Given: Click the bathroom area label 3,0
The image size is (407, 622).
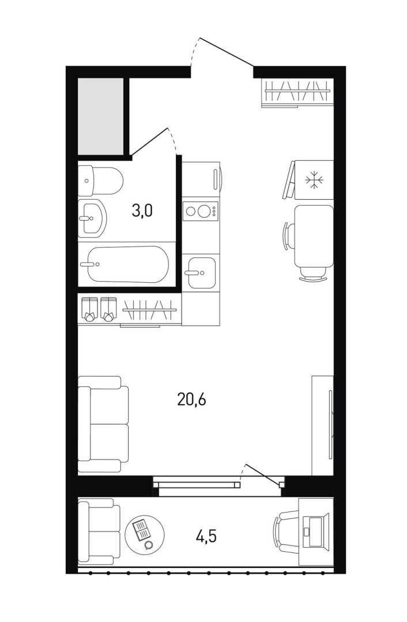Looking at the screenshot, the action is [x=142, y=211].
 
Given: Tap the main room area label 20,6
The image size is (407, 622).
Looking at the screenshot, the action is [x=192, y=400].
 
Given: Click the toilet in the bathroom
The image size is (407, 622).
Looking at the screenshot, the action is [x=100, y=181].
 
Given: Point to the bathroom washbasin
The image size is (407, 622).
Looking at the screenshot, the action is [x=92, y=218].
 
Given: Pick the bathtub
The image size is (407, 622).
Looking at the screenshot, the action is [x=124, y=264].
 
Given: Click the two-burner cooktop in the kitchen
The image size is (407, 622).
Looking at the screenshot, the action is [x=201, y=211].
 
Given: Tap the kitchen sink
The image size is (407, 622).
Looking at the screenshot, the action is [x=202, y=272].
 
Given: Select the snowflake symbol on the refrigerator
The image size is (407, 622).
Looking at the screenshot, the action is [x=315, y=180].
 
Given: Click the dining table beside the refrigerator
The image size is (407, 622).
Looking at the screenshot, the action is [x=313, y=236].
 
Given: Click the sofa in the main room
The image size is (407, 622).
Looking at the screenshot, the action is [x=103, y=424].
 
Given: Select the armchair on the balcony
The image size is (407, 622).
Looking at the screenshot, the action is [x=99, y=532].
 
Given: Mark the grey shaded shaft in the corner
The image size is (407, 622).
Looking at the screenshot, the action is [x=100, y=116].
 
